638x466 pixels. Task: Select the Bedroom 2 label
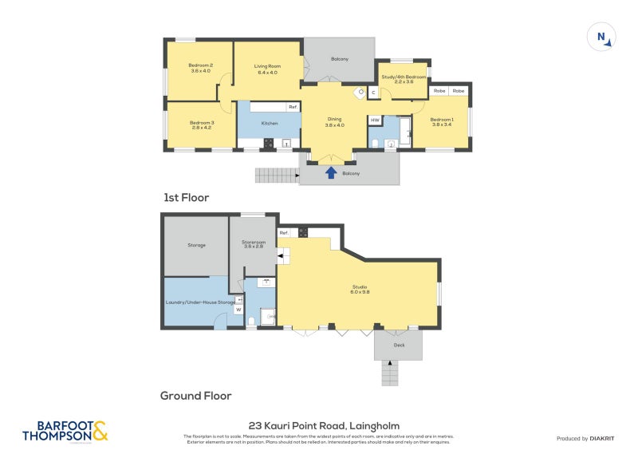[x=200, y=68]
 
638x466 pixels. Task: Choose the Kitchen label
[x=270, y=123]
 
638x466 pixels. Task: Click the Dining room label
[x=334, y=121]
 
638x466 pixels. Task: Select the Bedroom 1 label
[x=442, y=122]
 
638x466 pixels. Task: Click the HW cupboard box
[x=375, y=120]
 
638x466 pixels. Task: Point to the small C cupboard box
[x=372, y=93]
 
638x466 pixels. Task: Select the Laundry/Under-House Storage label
[x=199, y=302]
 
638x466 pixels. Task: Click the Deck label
[x=399, y=345]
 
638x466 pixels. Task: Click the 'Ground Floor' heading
[x=195, y=395]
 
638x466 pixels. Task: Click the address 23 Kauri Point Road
[x=324, y=426]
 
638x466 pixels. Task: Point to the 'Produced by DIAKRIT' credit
[x=585, y=438]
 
